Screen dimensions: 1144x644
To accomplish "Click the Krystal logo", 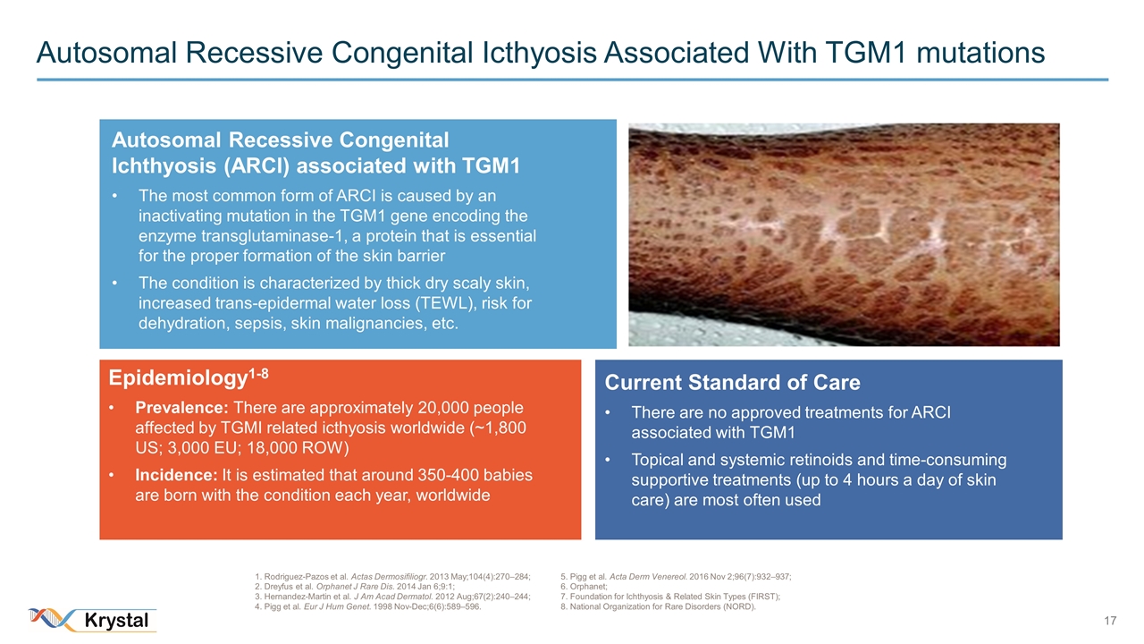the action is tap(93, 620).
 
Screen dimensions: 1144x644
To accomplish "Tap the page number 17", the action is tap(1110, 621).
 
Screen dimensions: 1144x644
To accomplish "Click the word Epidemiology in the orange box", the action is tap(178, 378).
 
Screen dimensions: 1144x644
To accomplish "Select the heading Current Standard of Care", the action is tap(732, 382).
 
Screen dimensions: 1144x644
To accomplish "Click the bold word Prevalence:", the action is tap(181, 408).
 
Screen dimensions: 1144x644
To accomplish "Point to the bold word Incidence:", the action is tap(176, 475).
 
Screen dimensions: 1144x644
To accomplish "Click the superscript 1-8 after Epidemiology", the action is tap(258, 374).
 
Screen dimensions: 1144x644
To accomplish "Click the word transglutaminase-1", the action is tap(280, 236).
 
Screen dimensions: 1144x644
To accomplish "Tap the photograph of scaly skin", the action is tap(844, 234).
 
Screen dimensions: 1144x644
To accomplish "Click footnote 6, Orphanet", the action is tap(584, 587).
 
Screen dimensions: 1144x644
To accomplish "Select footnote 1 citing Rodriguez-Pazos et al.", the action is tap(392, 577).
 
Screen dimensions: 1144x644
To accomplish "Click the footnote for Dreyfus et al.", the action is tap(355, 587).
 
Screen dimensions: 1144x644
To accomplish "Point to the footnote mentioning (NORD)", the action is tap(658, 606).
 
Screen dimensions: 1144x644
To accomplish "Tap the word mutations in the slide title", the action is tap(980, 53).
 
